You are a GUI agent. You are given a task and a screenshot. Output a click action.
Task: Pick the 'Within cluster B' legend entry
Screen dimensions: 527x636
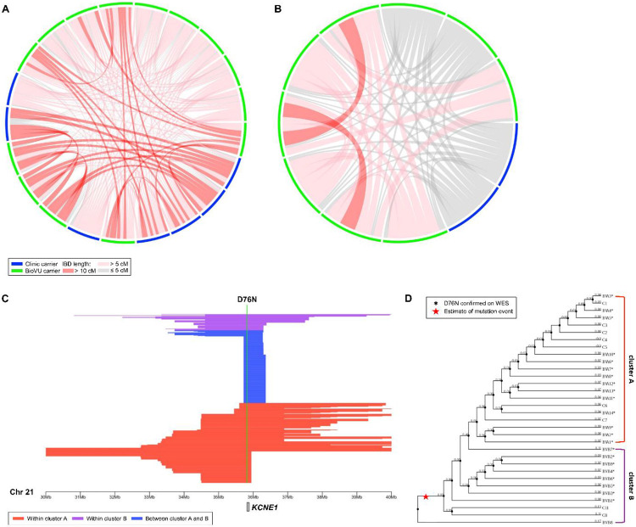[x=110, y=517]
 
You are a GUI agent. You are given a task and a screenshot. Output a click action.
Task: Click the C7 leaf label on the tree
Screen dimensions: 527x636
[x=605, y=420]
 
